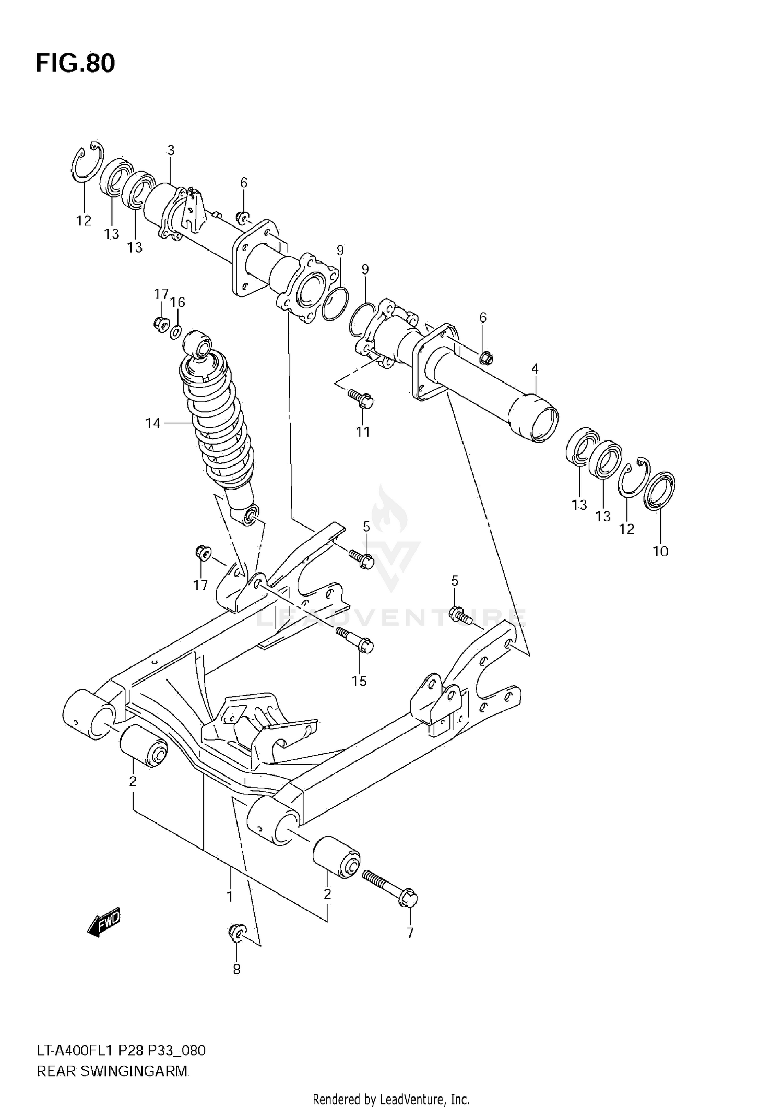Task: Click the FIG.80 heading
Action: click(75, 64)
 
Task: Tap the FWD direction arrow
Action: click(104, 925)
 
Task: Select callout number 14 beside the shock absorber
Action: click(152, 423)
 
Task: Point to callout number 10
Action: click(660, 551)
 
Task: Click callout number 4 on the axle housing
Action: click(535, 369)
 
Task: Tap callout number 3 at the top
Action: click(171, 150)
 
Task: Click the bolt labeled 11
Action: click(361, 399)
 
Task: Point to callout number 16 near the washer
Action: click(177, 302)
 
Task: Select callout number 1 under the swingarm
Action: click(229, 897)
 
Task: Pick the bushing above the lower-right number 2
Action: click(337, 857)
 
